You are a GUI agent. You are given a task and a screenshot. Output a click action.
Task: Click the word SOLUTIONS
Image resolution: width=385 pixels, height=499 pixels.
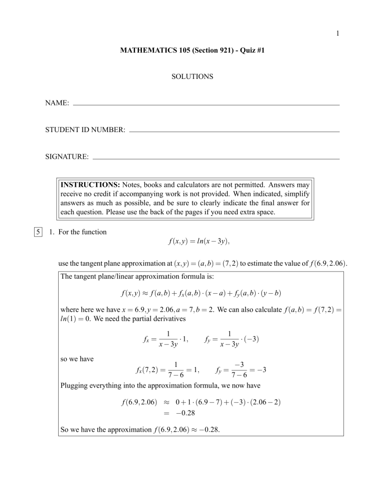pos(192,77)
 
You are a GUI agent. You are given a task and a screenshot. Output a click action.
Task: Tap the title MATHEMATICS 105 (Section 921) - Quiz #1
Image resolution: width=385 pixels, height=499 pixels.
pos(192,52)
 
